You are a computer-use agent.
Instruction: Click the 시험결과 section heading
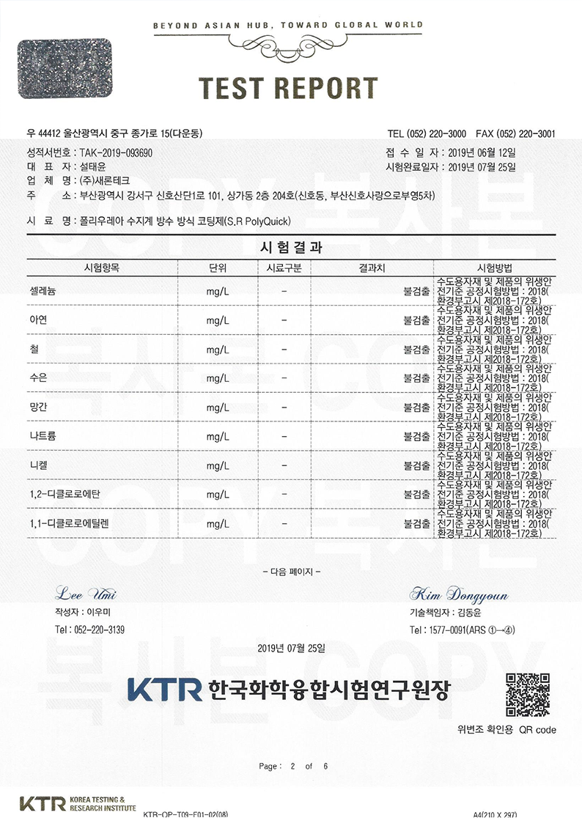[291, 248]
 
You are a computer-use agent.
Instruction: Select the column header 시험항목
[102, 267]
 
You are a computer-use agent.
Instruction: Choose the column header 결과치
[372, 267]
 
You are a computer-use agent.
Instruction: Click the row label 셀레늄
[45, 290]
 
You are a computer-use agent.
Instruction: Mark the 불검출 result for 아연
[416, 320]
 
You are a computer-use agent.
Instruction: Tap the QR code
[528, 695]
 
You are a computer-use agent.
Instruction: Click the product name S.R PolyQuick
[259, 220]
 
